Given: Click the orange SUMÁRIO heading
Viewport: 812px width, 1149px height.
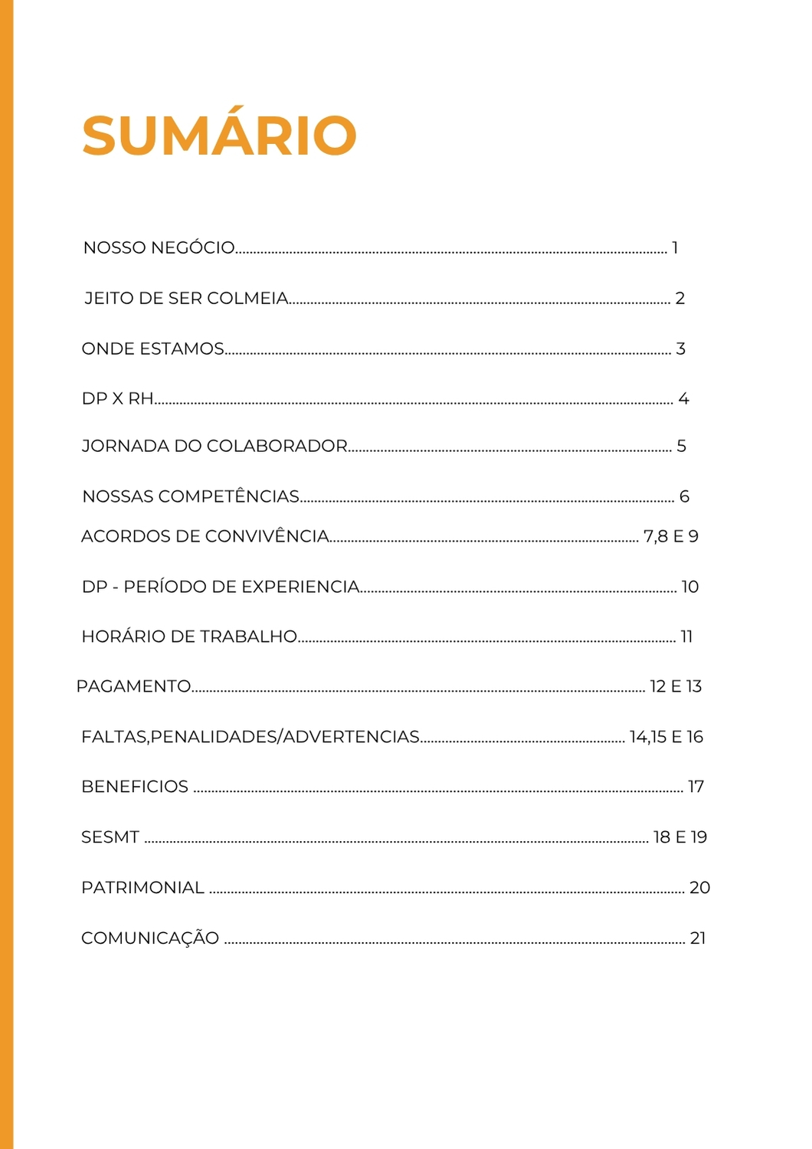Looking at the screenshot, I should (219, 136).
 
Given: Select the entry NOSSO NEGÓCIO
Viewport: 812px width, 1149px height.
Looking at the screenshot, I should (159, 247).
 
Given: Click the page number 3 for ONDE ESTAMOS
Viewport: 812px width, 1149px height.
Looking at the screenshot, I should (680, 349).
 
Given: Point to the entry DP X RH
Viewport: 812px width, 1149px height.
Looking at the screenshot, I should (117, 398).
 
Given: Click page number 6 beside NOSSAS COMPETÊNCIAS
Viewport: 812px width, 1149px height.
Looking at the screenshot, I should (684, 496).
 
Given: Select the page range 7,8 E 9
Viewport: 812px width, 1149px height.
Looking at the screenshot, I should (671, 536).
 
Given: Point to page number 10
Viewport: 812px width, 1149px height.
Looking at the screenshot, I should (690, 587).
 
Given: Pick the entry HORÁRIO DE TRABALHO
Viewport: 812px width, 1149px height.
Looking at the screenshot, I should (189, 637).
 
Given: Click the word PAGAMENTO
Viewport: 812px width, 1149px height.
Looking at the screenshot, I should (133, 686).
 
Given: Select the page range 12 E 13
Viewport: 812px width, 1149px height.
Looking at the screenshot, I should (676, 686).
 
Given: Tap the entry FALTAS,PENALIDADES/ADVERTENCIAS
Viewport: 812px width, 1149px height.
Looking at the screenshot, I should (250, 737).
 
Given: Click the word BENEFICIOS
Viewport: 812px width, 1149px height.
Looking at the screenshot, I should (135, 787).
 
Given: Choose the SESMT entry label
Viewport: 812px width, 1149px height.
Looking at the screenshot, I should (110, 837).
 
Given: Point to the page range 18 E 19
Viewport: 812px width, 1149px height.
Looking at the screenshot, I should (680, 837).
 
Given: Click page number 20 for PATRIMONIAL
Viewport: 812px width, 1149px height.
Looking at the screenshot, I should (699, 888).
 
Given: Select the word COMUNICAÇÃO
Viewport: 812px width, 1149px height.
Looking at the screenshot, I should (150, 938).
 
